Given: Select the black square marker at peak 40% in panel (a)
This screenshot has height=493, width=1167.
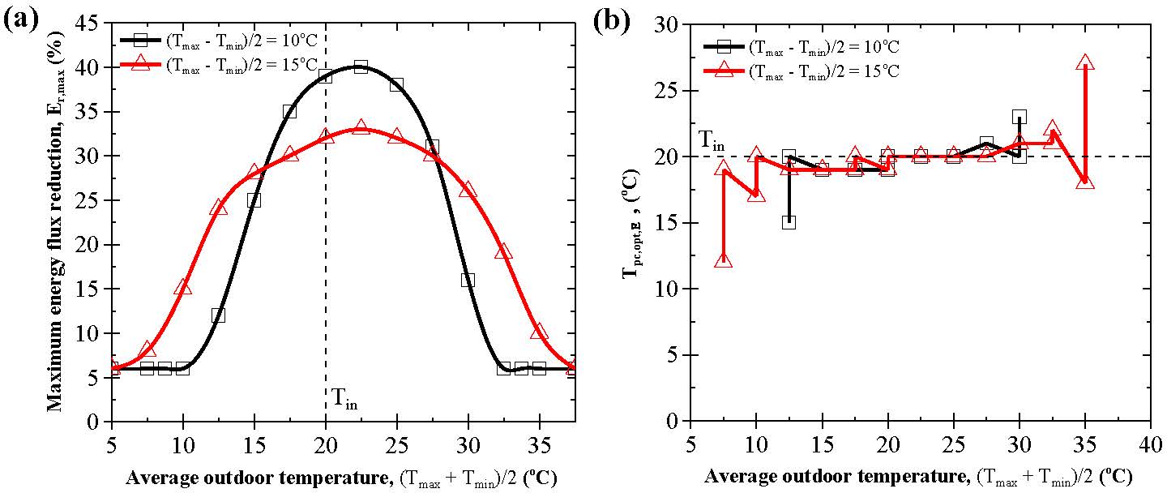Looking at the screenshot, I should point(361,66).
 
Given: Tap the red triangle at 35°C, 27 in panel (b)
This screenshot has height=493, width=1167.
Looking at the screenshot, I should point(1085,62).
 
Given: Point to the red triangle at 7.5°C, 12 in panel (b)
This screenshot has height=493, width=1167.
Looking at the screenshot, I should point(724,260).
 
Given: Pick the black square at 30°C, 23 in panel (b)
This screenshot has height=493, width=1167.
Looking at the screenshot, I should point(1020,117).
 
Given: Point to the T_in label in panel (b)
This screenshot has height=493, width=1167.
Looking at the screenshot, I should point(712,144).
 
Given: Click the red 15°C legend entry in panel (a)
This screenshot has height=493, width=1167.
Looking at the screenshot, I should point(227,65).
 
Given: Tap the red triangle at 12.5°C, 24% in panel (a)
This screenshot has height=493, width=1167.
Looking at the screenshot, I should point(218,208).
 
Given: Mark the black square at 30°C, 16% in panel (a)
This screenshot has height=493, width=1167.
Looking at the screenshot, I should point(468,280).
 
